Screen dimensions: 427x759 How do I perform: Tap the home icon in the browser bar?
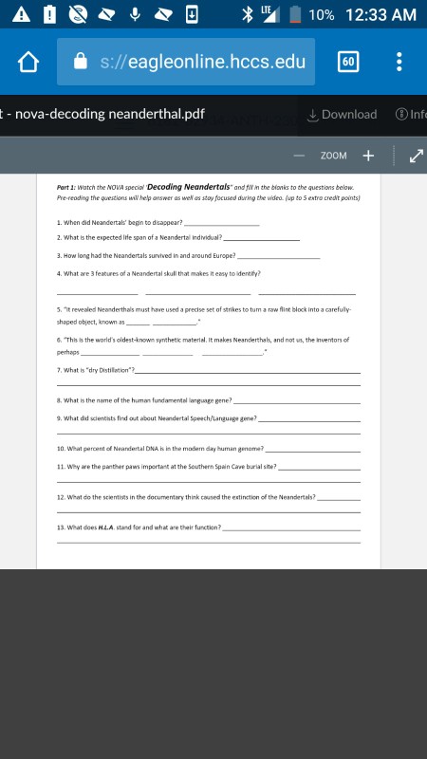(x=30, y=63)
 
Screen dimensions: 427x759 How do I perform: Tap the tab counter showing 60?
(x=348, y=63)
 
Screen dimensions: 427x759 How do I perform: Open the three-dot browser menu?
(x=399, y=63)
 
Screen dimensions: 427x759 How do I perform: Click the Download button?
(x=342, y=115)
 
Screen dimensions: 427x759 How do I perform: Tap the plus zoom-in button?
(x=368, y=156)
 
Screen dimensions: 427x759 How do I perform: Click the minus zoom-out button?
(x=299, y=156)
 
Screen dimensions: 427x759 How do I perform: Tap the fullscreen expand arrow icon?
(x=416, y=156)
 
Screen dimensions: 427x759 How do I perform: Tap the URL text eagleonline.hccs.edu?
(x=203, y=63)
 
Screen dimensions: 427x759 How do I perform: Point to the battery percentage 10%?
(x=321, y=14)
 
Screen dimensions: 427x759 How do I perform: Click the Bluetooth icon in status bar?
(x=249, y=14)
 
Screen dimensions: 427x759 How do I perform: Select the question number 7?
(x=59, y=368)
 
